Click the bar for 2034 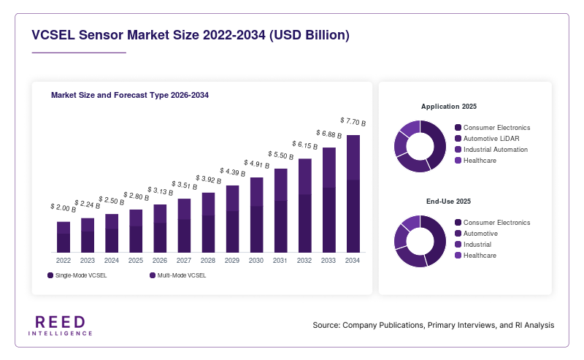353,194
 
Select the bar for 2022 64,237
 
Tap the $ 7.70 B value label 353,121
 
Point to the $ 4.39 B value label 232,172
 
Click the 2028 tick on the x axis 208,261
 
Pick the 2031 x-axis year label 280,261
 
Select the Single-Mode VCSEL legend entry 77,275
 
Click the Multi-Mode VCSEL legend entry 178,275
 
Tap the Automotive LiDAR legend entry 487,139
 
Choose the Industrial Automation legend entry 491,150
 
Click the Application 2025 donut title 449,107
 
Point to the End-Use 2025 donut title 448,202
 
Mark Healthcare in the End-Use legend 476,256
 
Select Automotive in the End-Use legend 477,233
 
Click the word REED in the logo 61,322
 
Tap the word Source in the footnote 326,325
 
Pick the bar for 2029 232,219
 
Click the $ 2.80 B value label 137,196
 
